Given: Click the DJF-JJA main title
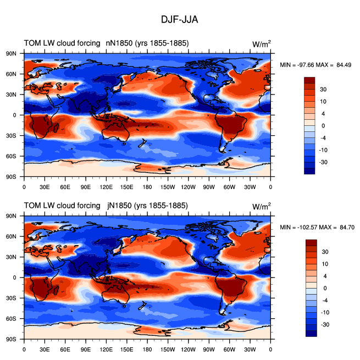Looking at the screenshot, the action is tap(179, 20).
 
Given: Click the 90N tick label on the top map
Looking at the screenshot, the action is tap(11, 54).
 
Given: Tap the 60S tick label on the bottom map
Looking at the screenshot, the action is tap(11, 319).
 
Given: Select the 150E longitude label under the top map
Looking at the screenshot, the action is tap(126, 187).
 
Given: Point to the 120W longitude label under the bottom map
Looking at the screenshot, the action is tap(189, 350).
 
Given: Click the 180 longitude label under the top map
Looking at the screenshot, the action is tap(147, 187).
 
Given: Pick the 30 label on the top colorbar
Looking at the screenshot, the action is tap(323, 89).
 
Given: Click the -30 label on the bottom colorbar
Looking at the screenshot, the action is tap(325, 325).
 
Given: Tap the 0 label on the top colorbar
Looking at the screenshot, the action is tap(323, 126).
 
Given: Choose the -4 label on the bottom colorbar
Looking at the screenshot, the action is tap(325, 300).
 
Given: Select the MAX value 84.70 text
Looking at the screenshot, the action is tap(347, 228).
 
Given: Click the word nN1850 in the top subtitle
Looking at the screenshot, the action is tap(119, 43).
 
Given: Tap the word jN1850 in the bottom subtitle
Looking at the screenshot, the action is tap(119, 206).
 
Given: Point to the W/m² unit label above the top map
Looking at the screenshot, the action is tap(262, 43).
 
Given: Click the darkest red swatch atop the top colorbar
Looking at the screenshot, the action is tap(309, 80).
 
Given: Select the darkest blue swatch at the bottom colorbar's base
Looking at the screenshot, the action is tap(311, 334).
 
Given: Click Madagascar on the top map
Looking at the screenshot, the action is tap(56, 127).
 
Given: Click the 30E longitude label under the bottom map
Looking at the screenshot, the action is tap(45, 350).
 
